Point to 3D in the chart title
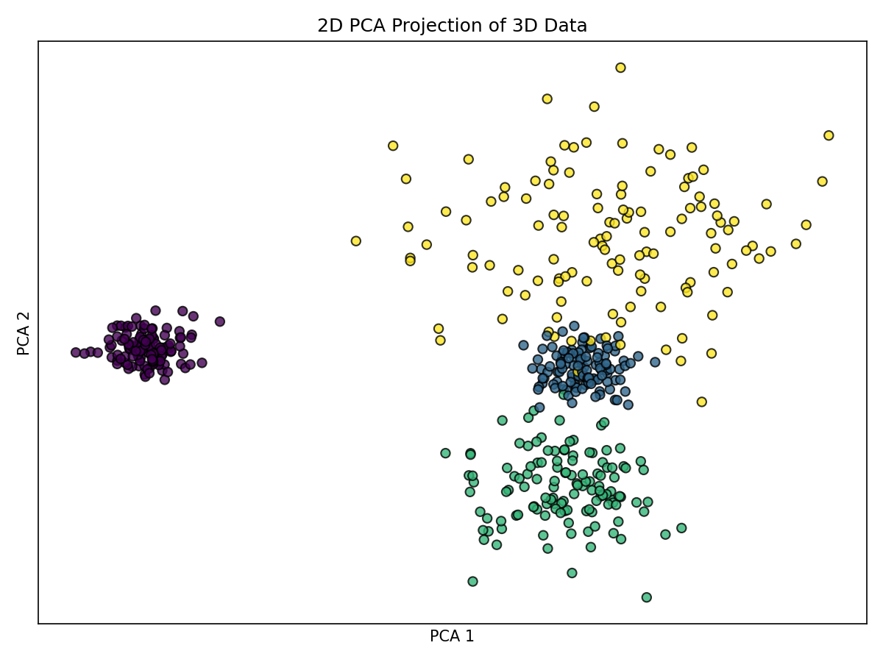coord(522,26)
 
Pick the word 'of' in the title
coord(495,26)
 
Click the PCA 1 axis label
coord(452,636)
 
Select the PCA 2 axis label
coord(24,332)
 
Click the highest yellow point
coord(620,68)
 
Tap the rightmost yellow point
coord(829,135)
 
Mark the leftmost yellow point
coord(356,241)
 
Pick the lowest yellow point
coord(702,402)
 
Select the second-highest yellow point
coord(547,99)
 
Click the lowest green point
coord(646,597)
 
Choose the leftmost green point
coord(445,453)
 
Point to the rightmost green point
coord(681,528)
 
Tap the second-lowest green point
coord(472,581)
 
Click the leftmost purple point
coord(75,352)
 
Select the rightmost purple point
coord(219,321)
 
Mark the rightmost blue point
coord(655,362)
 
